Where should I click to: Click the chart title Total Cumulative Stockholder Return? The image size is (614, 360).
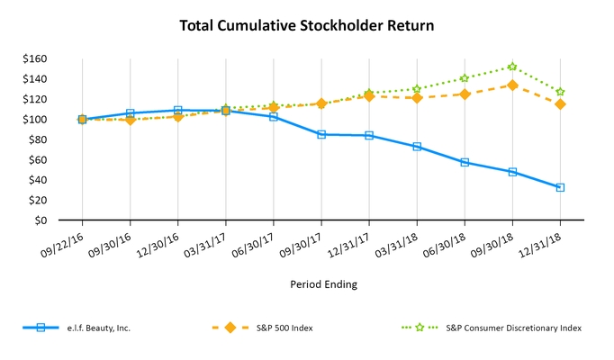tap(307, 26)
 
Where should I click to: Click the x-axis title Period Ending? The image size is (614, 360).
tap(323, 284)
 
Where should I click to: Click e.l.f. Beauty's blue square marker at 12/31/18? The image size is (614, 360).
tap(560, 187)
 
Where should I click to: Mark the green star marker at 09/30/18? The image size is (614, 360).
tap(512, 67)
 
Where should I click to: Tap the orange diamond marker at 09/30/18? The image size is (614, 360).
tap(512, 85)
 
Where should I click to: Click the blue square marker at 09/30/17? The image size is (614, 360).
tap(321, 134)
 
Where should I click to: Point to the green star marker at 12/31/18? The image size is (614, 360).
tap(560, 92)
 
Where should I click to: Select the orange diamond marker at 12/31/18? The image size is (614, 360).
tap(560, 104)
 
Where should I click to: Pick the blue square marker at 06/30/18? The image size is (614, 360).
tap(465, 162)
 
